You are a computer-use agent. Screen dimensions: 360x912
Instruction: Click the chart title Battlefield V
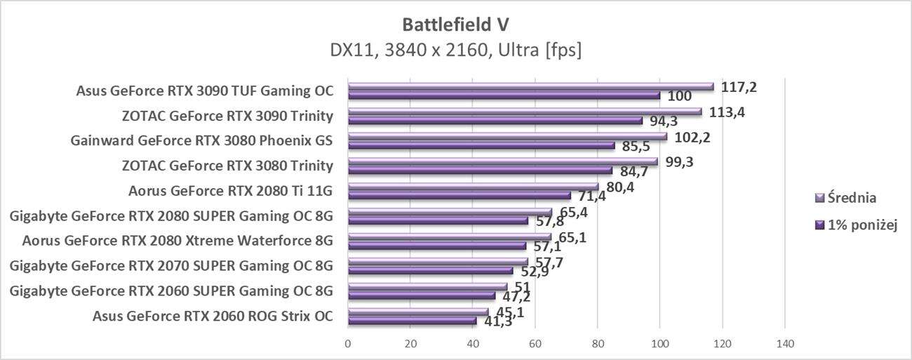tap(455, 24)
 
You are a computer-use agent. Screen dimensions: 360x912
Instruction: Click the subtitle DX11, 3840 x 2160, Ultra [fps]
tap(455, 50)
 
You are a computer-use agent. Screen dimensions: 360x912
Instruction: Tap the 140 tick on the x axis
tap(784, 344)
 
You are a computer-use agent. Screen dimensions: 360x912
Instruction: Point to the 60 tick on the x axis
tap(535, 344)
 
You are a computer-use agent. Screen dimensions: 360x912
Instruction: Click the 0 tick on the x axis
tap(348, 344)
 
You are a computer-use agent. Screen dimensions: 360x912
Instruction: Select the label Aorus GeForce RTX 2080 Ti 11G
tap(230, 191)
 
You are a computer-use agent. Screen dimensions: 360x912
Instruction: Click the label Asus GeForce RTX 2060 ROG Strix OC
tap(212, 316)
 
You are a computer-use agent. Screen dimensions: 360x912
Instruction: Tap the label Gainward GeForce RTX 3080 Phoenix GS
tap(201, 140)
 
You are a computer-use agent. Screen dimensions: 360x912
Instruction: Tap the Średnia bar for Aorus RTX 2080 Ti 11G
tap(473, 187)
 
